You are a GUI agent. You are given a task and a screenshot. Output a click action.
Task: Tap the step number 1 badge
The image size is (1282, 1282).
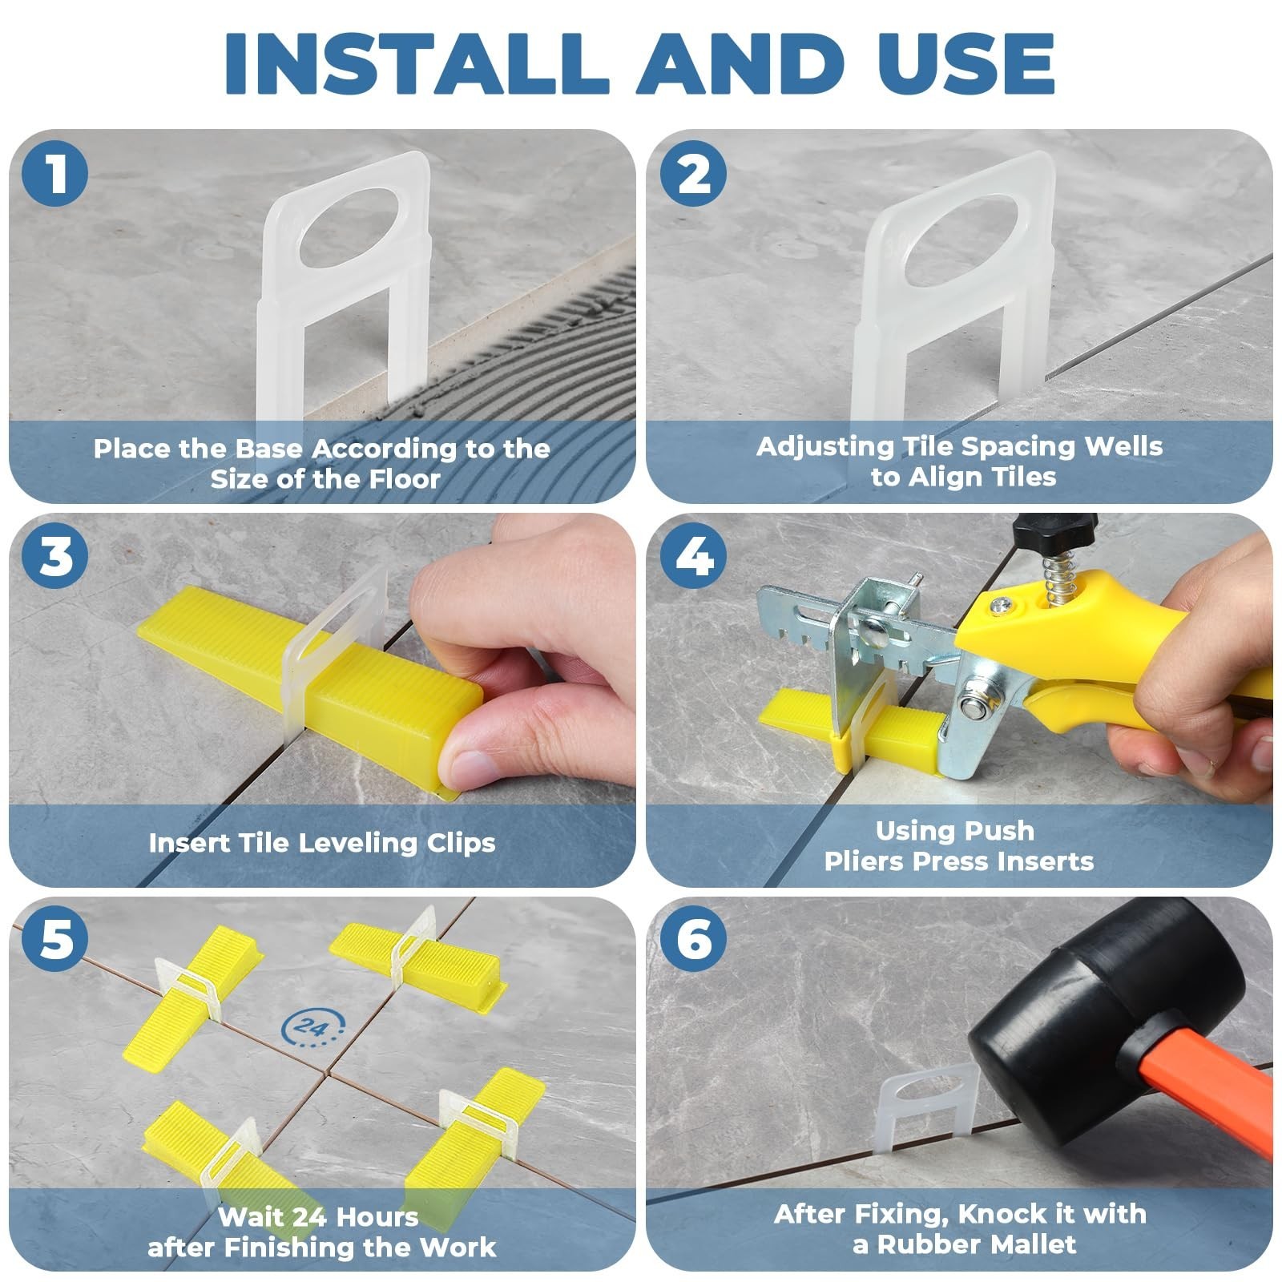(55, 173)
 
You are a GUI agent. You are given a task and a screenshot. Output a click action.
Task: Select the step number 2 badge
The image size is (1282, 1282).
(694, 173)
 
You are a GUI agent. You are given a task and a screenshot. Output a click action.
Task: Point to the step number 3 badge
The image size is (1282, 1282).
(55, 555)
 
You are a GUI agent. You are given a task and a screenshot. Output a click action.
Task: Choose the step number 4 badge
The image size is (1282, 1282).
(694, 555)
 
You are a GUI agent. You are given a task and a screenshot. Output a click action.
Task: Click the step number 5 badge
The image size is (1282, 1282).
(55, 938)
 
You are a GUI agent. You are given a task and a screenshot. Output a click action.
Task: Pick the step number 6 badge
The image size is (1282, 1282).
(694, 938)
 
